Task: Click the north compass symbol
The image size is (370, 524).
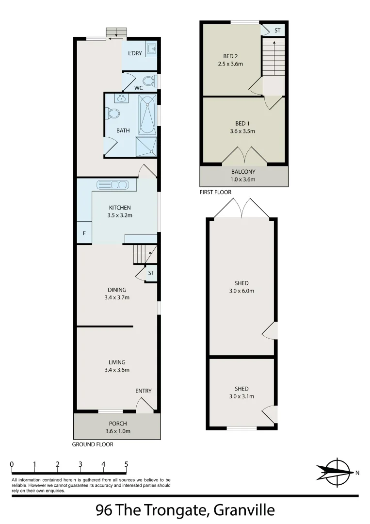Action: coord(335,472)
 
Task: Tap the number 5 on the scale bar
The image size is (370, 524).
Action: coord(126,464)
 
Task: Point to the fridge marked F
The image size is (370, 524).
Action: coord(84,233)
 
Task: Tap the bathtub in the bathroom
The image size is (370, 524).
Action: coord(147,115)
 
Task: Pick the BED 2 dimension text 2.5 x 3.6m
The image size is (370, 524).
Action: coord(230,64)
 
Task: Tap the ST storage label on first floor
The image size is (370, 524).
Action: coord(277,31)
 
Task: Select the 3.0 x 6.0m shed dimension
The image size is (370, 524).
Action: coord(241,291)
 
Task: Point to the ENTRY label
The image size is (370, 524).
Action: coord(144,391)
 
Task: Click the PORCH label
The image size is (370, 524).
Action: coord(118,424)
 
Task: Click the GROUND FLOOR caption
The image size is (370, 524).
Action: coord(93,444)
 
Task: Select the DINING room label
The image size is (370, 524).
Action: coord(117,290)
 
